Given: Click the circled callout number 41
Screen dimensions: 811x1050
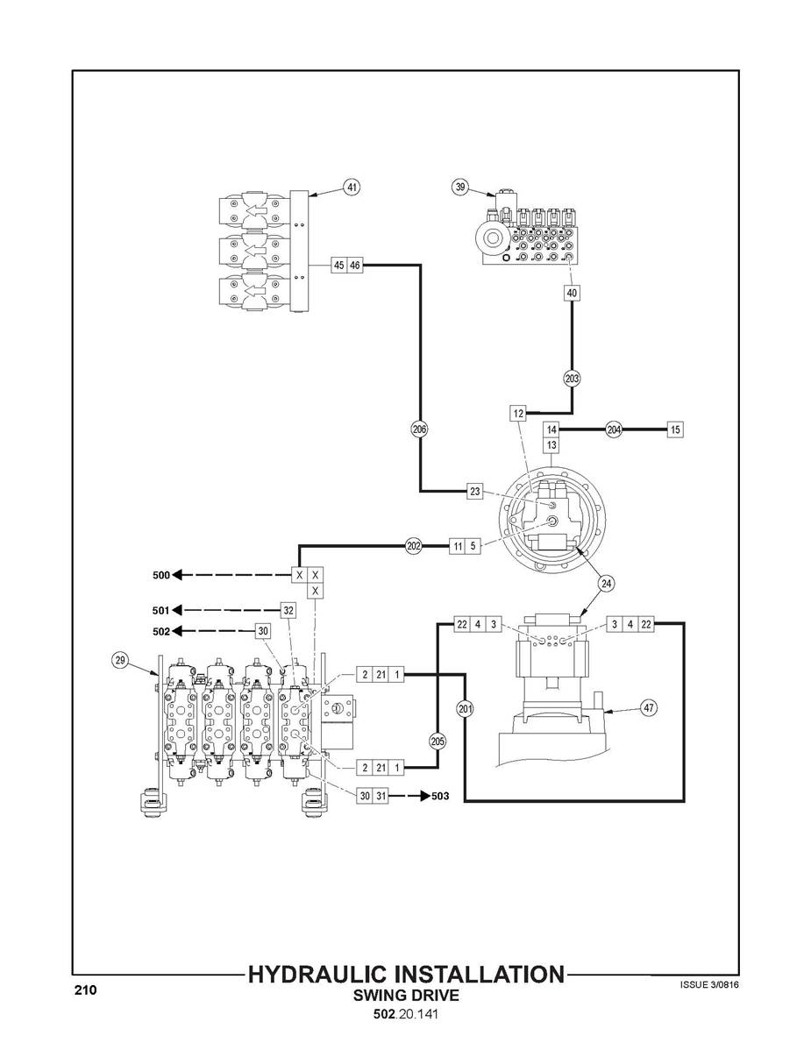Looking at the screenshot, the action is pos(352,188).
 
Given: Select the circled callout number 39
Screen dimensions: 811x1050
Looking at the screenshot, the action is pos(460,187).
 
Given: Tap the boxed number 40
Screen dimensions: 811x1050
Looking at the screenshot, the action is pos(572,293).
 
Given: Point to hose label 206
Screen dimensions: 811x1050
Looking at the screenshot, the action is pos(419,429).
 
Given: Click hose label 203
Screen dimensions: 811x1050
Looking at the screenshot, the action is pos(572,379).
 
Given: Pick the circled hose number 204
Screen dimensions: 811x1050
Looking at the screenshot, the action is pos(614,429).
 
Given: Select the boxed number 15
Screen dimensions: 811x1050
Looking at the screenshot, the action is pos(675,429).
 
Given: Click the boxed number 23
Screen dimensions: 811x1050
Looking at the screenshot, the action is pos(475,492).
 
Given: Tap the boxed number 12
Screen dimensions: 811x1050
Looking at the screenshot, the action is pos(517,413).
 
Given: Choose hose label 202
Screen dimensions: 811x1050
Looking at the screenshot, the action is pos(414,546).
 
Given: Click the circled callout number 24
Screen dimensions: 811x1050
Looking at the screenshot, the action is pos(606,584).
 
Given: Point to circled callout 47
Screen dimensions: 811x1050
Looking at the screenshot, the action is pos(648,708).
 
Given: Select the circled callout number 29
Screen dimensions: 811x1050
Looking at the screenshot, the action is pos(120,660).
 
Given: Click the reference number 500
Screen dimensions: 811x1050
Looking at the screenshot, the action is pos(161,575).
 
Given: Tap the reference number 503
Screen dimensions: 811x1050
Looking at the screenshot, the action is pos(440,796).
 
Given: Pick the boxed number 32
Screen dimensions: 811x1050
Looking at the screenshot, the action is pos(288,611).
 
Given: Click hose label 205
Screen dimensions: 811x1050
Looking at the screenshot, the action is pos(438,741).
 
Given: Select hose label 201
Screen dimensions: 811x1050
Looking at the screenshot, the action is pos(465,708).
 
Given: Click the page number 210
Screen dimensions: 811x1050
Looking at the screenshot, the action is pos(86,990).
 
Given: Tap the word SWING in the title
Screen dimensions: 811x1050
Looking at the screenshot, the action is pos(380,996).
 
